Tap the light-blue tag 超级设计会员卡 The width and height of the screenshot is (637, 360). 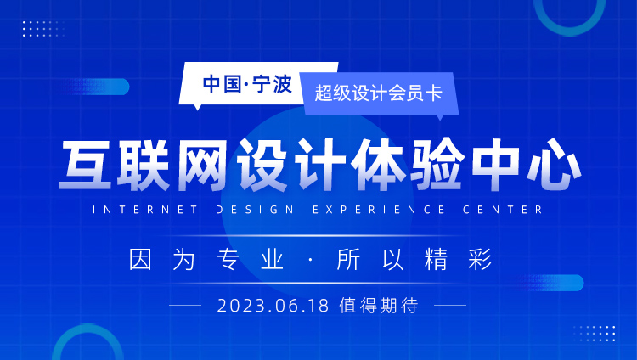(379, 93)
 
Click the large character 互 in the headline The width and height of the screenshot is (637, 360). (86, 165)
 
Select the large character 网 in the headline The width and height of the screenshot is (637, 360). (203, 165)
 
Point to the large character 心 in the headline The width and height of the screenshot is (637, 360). (555, 165)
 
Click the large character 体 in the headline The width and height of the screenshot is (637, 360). (378, 165)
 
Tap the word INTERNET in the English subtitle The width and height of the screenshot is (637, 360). (145, 210)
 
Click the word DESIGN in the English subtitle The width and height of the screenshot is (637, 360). (255, 210)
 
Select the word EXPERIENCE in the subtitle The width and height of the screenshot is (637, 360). (379, 210)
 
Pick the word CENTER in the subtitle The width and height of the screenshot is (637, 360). (503, 210)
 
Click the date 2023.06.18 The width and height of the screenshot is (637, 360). (273, 306)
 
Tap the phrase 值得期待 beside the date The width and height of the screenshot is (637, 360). (379, 306)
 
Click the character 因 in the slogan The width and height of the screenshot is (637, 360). (140, 259)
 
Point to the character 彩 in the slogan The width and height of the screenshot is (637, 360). (480, 259)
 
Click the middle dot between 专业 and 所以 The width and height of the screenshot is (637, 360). (311, 260)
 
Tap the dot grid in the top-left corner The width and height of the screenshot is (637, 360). (44, 29)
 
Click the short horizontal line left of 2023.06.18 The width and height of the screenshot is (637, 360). (185, 305)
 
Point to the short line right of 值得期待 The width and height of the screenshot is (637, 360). (450, 305)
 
